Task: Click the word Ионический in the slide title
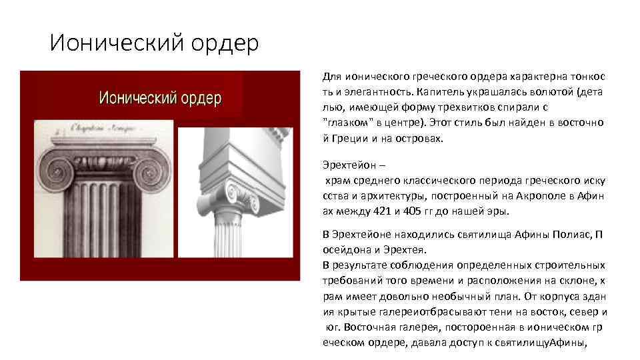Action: click(107, 43)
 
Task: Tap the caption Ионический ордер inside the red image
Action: click(160, 99)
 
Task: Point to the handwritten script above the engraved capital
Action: click(100, 131)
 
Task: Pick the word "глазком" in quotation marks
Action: click(342, 123)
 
